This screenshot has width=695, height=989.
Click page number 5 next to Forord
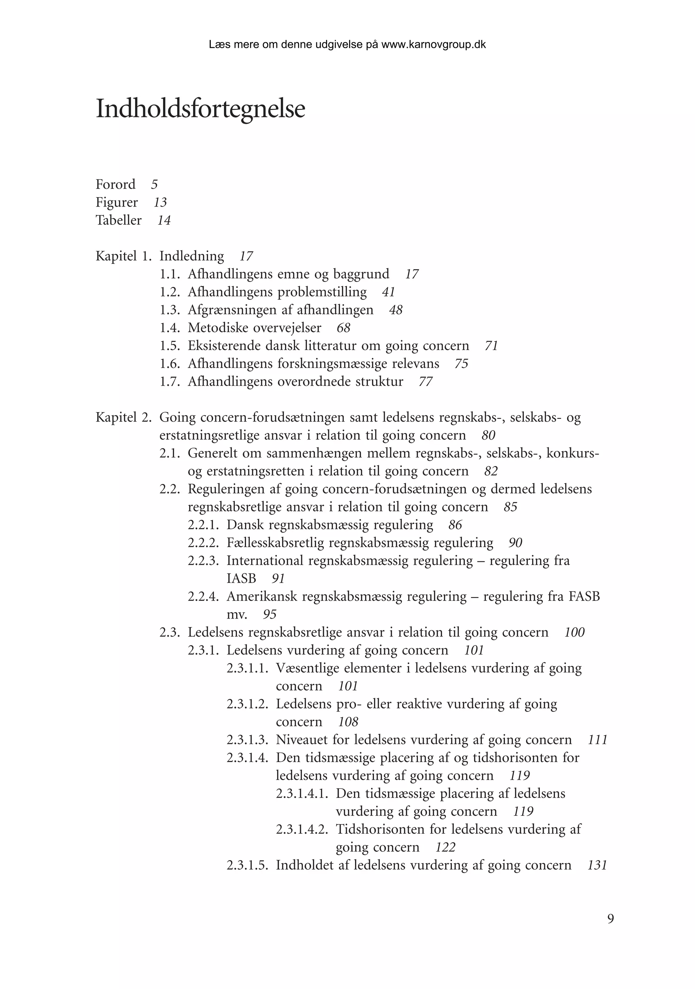point(154,185)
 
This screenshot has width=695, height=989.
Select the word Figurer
point(117,202)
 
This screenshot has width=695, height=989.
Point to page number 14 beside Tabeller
point(164,220)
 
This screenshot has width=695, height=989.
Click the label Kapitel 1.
point(123,256)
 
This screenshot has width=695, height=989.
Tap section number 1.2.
point(169,292)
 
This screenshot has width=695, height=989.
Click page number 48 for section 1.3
point(396,310)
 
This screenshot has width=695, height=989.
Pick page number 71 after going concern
point(491,346)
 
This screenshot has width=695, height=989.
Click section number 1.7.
point(169,382)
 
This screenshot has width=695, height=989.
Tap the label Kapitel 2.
point(123,418)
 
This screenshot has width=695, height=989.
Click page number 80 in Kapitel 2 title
point(489,435)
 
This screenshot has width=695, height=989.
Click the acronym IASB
point(241,579)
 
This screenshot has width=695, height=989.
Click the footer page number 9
point(611,919)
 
